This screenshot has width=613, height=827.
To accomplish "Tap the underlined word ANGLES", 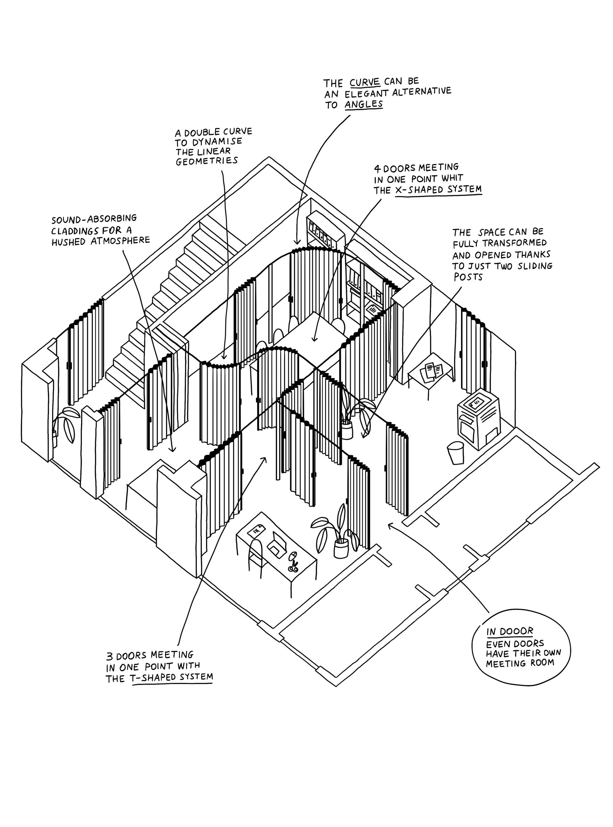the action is (364, 104).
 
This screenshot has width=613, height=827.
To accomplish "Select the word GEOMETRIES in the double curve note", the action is (207, 161).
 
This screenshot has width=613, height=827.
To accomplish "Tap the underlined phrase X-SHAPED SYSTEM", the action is (438, 189).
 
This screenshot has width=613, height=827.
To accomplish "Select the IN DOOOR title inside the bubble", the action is (509, 631).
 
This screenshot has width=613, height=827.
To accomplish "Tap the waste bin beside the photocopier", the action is (456, 452).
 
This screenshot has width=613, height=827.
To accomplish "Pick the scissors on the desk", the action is (293, 567).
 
